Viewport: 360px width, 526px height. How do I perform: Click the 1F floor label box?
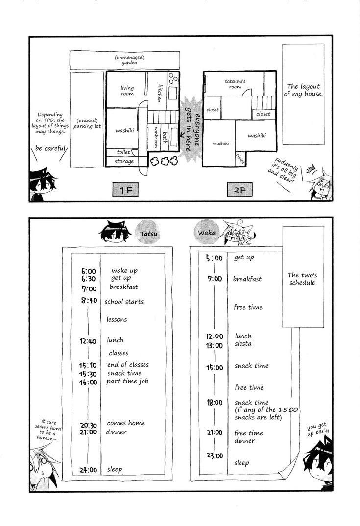pyautogui.click(x=125, y=190)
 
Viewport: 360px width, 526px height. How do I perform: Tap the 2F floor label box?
pyautogui.click(x=240, y=190)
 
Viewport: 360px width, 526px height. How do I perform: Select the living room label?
pyautogui.click(x=127, y=91)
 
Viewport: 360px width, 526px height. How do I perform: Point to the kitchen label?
pyautogui.click(x=160, y=93)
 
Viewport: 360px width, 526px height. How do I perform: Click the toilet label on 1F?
pyautogui.click(x=123, y=152)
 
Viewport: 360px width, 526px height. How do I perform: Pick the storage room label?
pyautogui.click(x=124, y=161)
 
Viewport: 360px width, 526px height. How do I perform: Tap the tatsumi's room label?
pyautogui.click(x=235, y=84)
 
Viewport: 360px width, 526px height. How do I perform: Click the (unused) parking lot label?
pyautogui.click(x=87, y=123)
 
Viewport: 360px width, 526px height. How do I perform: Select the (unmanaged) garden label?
pyautogui.click(x=129, y=60)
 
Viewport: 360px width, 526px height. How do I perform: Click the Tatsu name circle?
pyautogui.click(x=148, y=232)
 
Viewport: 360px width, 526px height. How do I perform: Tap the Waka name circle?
pyautogui.click(x=207, y=232)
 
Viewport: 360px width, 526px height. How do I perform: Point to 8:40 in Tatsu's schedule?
pyautogui.click(x=89, y=301)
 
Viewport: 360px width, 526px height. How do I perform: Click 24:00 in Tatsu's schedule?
pyautogui.click(x=88, y=470)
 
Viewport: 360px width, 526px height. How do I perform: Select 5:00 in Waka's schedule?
pyautogui.click(x=215, y=258)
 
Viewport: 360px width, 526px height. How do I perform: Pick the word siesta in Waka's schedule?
pyautogui.click(x=243, y=344)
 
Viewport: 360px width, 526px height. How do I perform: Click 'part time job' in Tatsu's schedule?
pyautogui.click(x=127, y=382)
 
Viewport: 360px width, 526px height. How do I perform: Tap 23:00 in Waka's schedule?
pyautogui.click(x=215, y=455)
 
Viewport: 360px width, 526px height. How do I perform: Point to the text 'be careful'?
pyautogui.click(x=50, y=148)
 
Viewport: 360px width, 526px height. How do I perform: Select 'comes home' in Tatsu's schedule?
pyautogui.click(x=126, y=423)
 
